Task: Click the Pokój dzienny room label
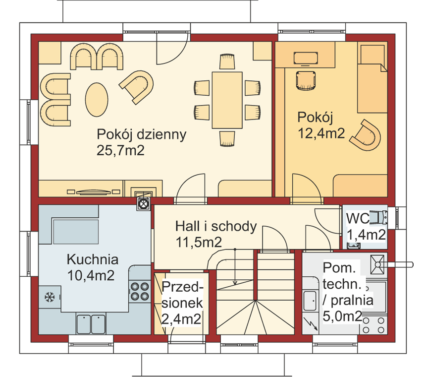(142, 134)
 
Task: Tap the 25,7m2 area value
(120, 150)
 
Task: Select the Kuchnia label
(93, 259)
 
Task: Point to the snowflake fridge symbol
(50, 297)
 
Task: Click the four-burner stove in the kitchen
(140, 291)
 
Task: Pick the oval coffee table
(97, 100)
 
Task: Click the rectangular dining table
(227, 100)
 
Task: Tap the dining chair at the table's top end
(227, 62)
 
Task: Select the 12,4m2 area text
(321, 133)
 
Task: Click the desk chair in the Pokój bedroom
(306, 80)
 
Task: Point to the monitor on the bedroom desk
(306, 59)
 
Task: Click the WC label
(358, 219)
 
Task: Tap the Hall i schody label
(216, 226)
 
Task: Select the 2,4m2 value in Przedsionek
(181, 319)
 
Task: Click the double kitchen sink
(91, 324)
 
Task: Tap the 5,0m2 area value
(342, 316)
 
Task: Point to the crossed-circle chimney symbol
(144, 203)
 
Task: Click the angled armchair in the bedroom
(366, 135)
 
